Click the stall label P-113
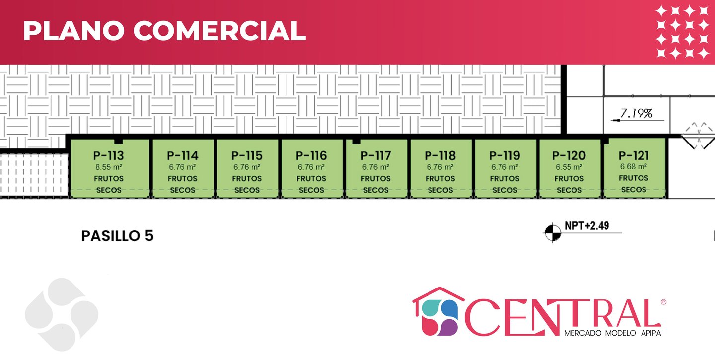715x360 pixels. click(x=108, y=156)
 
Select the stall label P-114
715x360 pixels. click(x=182, y=156)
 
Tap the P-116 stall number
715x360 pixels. click(x=311, y=156)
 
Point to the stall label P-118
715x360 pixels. click(x=440, y=156)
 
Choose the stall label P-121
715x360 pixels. click(x=634, y=155)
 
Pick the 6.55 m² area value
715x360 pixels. click(x=569, y=167)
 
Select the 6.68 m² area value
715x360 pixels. click(x=634, y=167)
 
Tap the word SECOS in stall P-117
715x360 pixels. click(x=376, y=190)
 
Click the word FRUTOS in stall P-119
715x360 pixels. click(x=504, y=178)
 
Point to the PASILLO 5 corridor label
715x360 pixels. click(x=117, y=236)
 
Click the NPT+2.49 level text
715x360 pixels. click(x=586, y=226)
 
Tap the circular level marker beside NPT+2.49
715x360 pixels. click(x=551, y=232)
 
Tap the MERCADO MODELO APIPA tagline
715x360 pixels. click(x=612, y=333)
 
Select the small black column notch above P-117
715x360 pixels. click(x=356, y=142)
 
